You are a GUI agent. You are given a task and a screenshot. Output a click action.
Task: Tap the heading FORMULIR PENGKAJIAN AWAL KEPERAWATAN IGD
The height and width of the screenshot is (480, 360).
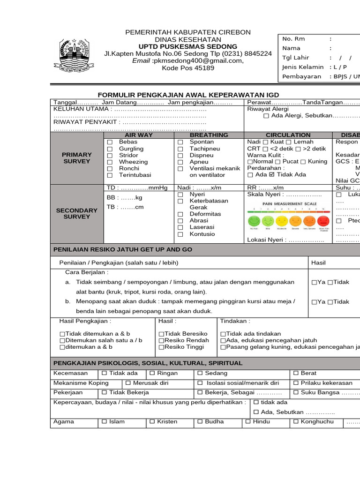click(x=187, y=95)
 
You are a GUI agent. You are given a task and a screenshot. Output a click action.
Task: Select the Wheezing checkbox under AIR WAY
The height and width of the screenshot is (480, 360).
click(x=110, y=162)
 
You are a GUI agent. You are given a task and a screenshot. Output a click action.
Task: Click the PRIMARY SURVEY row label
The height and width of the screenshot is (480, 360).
click(x=77, y=158)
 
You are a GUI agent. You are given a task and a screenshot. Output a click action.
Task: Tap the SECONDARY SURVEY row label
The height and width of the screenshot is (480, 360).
click(x=77, y=214)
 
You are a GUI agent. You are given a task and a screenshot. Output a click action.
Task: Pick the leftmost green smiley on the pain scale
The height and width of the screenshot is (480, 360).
click(x=254, y=220)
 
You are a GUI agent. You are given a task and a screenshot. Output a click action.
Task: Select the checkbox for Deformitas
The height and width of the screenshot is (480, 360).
click(x=180, y=214)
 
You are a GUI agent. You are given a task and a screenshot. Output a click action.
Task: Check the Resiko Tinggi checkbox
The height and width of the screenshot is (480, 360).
click(x=161, y=347)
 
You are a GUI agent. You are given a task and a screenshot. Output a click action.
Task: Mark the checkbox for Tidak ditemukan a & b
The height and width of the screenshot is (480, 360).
click(x=62, y=334)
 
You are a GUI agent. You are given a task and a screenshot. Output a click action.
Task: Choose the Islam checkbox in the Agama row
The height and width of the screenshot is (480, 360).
click(x=105, y=422)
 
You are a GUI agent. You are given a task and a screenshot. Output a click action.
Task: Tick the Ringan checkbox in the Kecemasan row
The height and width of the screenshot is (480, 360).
click(x=152, y=374)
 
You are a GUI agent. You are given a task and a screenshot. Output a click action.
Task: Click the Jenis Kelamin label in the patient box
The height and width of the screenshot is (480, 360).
click(x=302, y=67)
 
